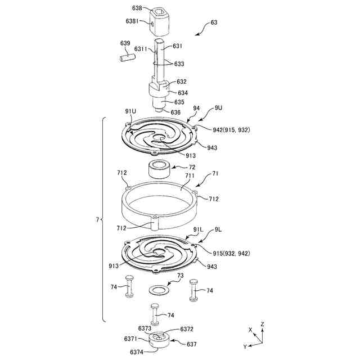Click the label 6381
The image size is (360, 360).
click(134, 21)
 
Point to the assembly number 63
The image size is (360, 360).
click(214, 22)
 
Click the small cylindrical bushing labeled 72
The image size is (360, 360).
click(159, 169)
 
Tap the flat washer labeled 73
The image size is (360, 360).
click(159, 290)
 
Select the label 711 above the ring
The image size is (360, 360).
click(190, 175)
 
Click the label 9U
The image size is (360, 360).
click(219, 107)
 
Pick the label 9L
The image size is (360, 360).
click(219, 229)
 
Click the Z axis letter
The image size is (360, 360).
click(263, 325)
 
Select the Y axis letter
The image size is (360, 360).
click(244, 346)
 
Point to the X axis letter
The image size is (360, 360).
click(250, 329)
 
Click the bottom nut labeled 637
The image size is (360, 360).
click(159, 341)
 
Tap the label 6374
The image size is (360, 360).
click(136, 352)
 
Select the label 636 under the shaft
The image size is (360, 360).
click(176, 112)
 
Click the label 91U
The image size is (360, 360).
click(130, 111)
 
